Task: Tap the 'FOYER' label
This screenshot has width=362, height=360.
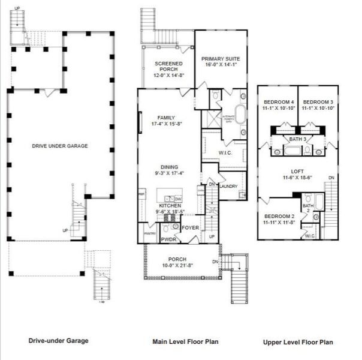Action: pyautogui.click(x=190, y=227)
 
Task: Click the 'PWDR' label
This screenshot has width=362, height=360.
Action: pyautogui.click(x=168, y=239)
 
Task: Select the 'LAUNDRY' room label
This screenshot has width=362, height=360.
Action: pyautogui.click(x=228, y=187)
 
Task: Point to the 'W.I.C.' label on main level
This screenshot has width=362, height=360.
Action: pyautogui.click(x=225, y=152)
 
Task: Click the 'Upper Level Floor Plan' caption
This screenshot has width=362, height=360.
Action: pyautogui.click(x=298, y=343)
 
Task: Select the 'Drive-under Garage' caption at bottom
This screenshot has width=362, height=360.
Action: pyautogui.click(x=58, y=341)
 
